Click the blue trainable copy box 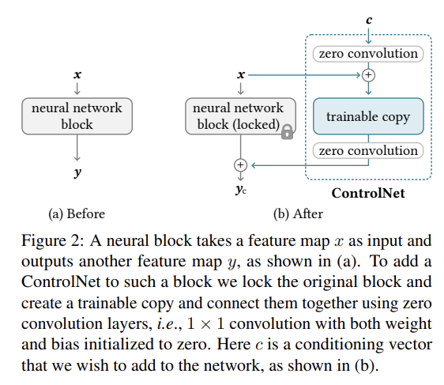pyautogui.click(x=368, y=117)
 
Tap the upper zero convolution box pyautogui.click(x=368, y=54)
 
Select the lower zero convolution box pyautogui.click(x=368, y=150)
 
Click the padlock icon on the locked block pyautogui.click(x=287, y=133)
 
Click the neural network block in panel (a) pyautogui.click(x=77, y=116)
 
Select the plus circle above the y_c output pyautogui.click(x=240, y=164)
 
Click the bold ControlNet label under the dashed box pyautogui.click(x=369, y=192)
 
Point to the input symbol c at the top pyautogui.click(x=369, y=20)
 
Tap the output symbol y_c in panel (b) pyautogui.click(x=240, y=191)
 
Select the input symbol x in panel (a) pyautogui.click(x=77, y=74)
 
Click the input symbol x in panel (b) pyautogui.click(x=240, y=74)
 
